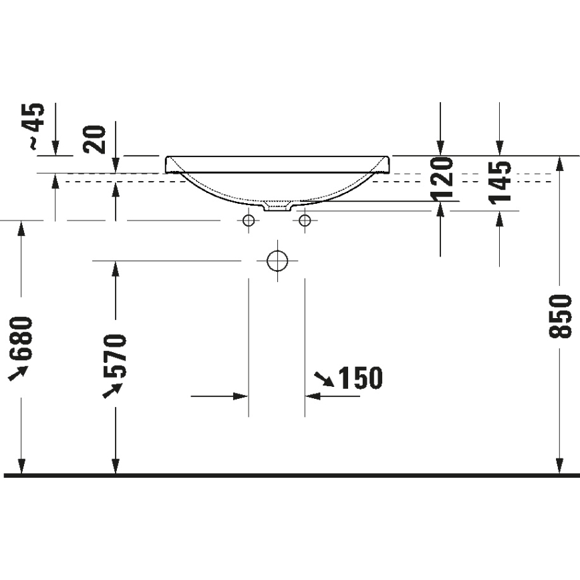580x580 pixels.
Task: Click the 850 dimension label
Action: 563,315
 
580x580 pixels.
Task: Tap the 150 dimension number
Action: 360,379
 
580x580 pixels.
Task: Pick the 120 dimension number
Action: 442,179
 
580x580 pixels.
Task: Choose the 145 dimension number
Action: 500,181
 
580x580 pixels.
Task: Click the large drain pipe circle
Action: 277,261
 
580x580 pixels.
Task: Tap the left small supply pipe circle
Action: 249,221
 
